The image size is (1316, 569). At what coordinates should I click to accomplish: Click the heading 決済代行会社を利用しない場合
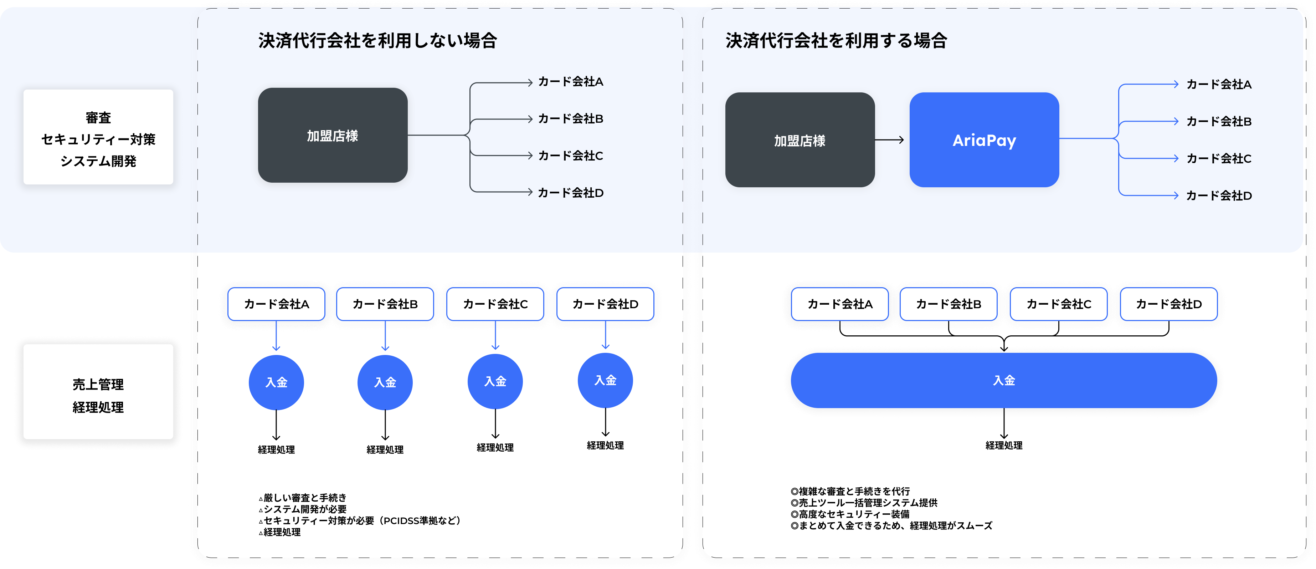(377, 40)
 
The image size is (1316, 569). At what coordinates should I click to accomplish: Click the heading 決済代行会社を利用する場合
(836, 40)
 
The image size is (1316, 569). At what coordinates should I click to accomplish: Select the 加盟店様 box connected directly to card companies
(333, 136)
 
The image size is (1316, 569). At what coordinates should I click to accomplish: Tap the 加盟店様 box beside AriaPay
(800, 140)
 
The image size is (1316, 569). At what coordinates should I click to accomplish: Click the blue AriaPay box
(984, 140)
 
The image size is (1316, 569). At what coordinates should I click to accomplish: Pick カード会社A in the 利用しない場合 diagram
(571, 82)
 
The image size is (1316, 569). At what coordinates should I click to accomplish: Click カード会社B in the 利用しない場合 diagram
(571, 118)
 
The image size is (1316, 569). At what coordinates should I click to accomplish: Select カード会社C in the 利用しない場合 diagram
(571, 156)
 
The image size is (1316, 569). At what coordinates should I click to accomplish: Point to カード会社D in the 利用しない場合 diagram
(571, 193)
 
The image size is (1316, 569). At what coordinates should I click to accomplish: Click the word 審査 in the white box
(98, 118)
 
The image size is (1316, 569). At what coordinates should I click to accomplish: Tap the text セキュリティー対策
(98, 139)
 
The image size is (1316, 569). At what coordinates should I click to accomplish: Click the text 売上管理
(98, 385)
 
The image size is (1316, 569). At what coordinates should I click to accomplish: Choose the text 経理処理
(98, 407)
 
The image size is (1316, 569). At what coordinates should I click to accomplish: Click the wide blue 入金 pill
(1003, 380)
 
